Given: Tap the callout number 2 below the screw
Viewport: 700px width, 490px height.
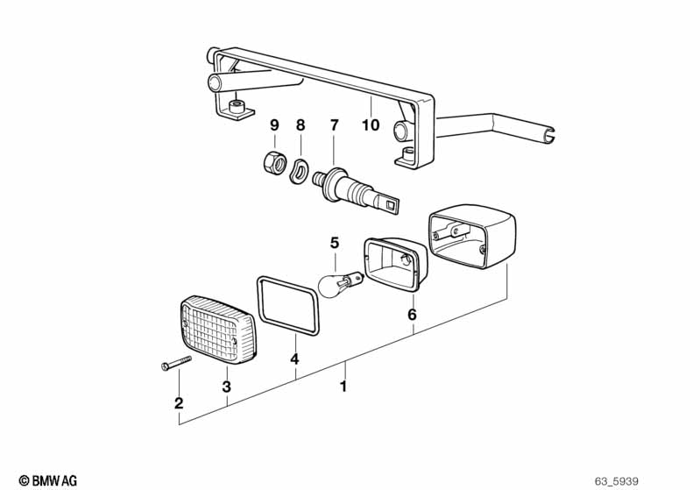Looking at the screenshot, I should click(179, 403).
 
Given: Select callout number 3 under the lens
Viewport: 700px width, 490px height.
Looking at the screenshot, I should click(227, 387).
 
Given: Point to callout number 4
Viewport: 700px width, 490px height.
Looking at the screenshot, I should click(295, 359).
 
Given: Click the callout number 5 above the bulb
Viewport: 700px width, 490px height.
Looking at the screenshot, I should click(333, 243).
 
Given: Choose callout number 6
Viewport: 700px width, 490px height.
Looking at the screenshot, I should click(412, 314).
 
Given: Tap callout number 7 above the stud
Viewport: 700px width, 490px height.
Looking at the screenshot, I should click(333, 125).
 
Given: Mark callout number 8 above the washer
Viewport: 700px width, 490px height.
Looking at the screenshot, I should click(301, 125).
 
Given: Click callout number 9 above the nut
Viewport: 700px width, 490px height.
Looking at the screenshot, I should click(274, 125).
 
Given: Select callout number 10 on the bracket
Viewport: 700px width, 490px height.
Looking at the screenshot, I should click(371, 125).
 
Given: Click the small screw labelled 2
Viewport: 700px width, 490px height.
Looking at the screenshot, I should click(175, 366).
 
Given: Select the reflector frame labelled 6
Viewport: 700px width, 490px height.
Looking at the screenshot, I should click(396, 262).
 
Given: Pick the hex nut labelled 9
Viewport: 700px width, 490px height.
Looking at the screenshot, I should click(273, 161).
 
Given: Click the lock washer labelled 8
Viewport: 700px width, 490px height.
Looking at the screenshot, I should click(300, 167).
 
